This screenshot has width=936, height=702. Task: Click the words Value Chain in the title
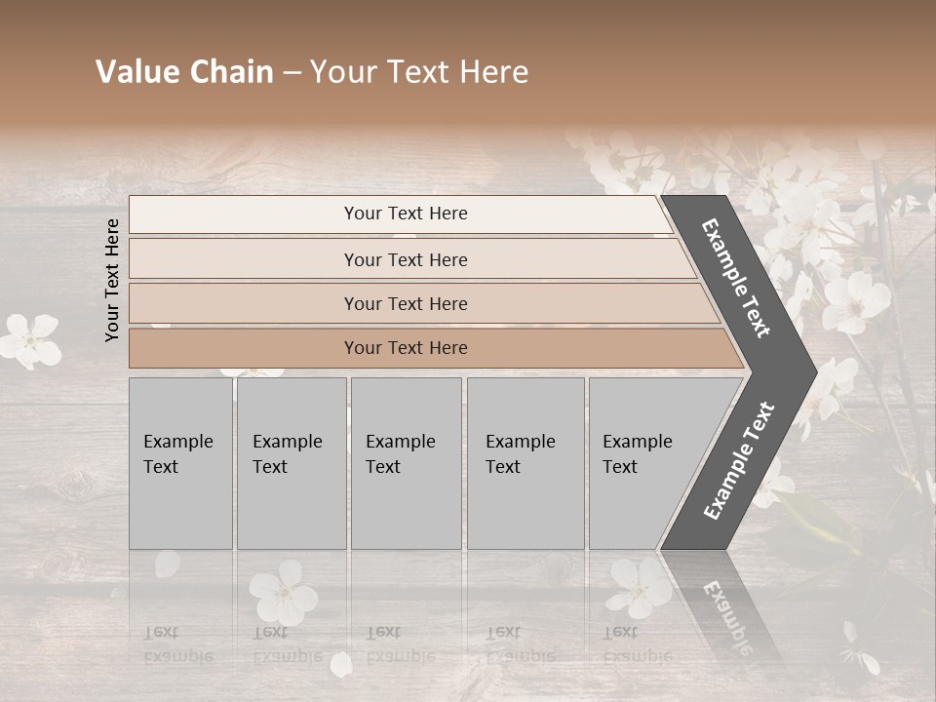pyautogui.click(x=184, y=72)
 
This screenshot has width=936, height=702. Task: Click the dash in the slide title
pyautogui.click(x=292, y=72)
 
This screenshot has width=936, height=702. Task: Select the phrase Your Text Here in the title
pyautogui.click(x=419, y=72)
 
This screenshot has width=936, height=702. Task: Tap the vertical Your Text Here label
pyautogui.click(x=112, y=280)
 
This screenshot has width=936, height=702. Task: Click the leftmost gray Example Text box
pyautogui.click(x=180, y=462)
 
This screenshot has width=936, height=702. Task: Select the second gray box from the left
pyautogui.click(x=291, y=462)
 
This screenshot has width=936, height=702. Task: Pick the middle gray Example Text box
pyautogui.click(x=406, y=462)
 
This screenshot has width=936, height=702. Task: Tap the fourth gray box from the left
pyautogui.click(x=526, y=462)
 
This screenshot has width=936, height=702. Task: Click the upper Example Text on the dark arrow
pyautogui.click(x=736, y=277)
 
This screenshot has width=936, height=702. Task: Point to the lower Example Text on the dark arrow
pyautogui.click(x=738, y=461)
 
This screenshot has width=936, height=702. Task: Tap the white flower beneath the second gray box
pyautogui.click(x=283, y=594)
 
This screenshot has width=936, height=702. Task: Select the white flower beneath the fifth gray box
pyautogui.click(x=640, y=587)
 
